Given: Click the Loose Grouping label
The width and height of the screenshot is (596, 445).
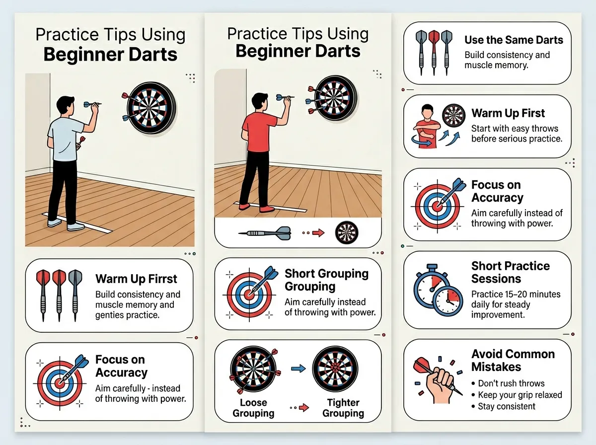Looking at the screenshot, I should pos(253,408).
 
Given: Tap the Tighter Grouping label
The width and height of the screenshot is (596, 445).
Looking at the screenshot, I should pos(343,408).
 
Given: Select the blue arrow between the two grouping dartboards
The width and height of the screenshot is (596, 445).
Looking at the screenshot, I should pos(298,369).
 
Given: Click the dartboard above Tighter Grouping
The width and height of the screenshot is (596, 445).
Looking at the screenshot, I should pos(335,369).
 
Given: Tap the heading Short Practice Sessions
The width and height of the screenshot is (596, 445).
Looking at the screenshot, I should pos(510,272).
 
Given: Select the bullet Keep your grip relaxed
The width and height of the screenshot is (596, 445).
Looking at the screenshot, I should pos(520,395).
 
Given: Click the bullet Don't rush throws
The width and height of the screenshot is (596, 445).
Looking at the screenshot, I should pos(511,383).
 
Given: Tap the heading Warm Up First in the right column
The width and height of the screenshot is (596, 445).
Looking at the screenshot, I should pos(508,113).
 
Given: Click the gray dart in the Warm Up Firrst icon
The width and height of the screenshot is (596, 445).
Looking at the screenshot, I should pos(75,296).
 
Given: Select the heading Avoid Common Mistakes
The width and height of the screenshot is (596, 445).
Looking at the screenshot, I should pos(513,361).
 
